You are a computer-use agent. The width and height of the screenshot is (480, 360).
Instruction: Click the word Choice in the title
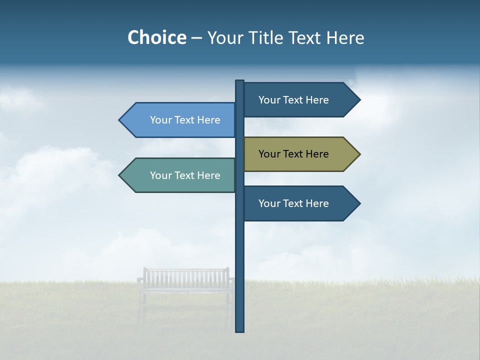[x=156, y=37]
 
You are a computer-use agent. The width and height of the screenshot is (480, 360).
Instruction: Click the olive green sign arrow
[x=300, y=154]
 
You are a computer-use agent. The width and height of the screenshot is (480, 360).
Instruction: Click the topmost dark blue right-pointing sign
[x=300, y=100]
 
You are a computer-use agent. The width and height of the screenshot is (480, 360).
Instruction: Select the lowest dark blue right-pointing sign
[x=300, y=203]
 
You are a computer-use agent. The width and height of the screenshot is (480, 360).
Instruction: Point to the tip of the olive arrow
[x=359, y=154]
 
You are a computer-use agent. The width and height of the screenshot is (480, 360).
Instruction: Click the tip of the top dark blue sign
[x=359, y=100]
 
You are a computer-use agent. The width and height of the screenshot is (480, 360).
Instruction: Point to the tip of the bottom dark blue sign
[x=359, y=203]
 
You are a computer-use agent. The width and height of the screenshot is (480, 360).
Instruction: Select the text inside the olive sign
[x=293, y=154]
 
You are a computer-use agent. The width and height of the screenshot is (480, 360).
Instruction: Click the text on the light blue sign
[x=185, y=120]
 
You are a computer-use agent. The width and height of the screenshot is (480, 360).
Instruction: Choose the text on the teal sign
[x=185, y=175]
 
